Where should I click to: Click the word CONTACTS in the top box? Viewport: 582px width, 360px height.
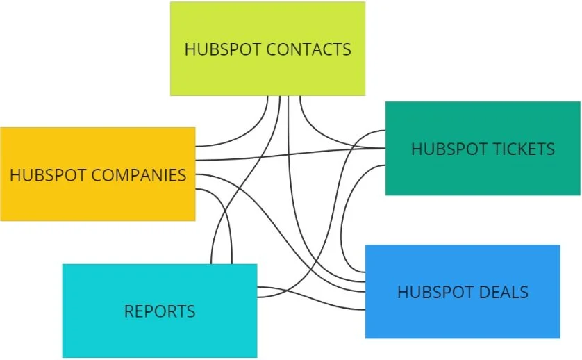point(308,50)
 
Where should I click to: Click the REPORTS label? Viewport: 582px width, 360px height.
point(160,311)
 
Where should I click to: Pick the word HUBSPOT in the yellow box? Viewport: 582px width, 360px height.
point(40,174)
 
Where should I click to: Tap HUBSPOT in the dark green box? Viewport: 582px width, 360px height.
point(442,149)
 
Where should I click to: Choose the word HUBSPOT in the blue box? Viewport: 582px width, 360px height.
point(428,293)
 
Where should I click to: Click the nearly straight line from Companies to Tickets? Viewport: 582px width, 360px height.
point(292,154)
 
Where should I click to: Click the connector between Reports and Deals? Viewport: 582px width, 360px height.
point(313,301)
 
